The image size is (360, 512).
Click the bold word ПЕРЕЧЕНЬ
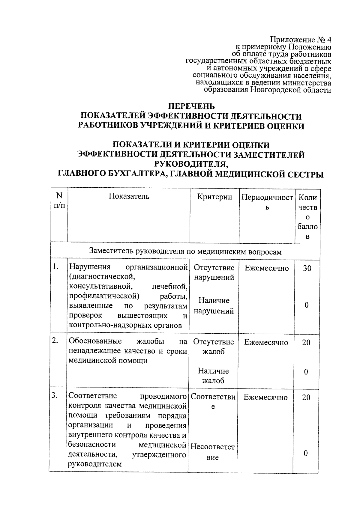(x=191, y=106)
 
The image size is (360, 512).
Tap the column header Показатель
(x=129, y=196)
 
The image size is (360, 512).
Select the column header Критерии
(x=214, y=197)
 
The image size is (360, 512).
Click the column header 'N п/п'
(x=59, y=200)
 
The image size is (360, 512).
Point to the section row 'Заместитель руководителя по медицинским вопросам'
(x=185, y=252)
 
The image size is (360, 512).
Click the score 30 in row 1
(x=307, y=268)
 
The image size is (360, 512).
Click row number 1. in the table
(x=55, y=266)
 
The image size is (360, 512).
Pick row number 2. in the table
(x=55, y=341)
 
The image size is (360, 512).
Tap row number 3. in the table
(x=54, y=395)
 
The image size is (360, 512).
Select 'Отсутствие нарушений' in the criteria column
(x=214, y=272)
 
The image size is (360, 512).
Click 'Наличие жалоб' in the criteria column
(x=213, y=376)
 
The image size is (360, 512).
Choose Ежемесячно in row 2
(x=266, y=342)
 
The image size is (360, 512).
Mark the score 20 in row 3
(x=306, y=397)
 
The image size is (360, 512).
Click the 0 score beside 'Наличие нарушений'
(x=306, y=305)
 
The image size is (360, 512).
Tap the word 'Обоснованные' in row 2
(x=95, y=341)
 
